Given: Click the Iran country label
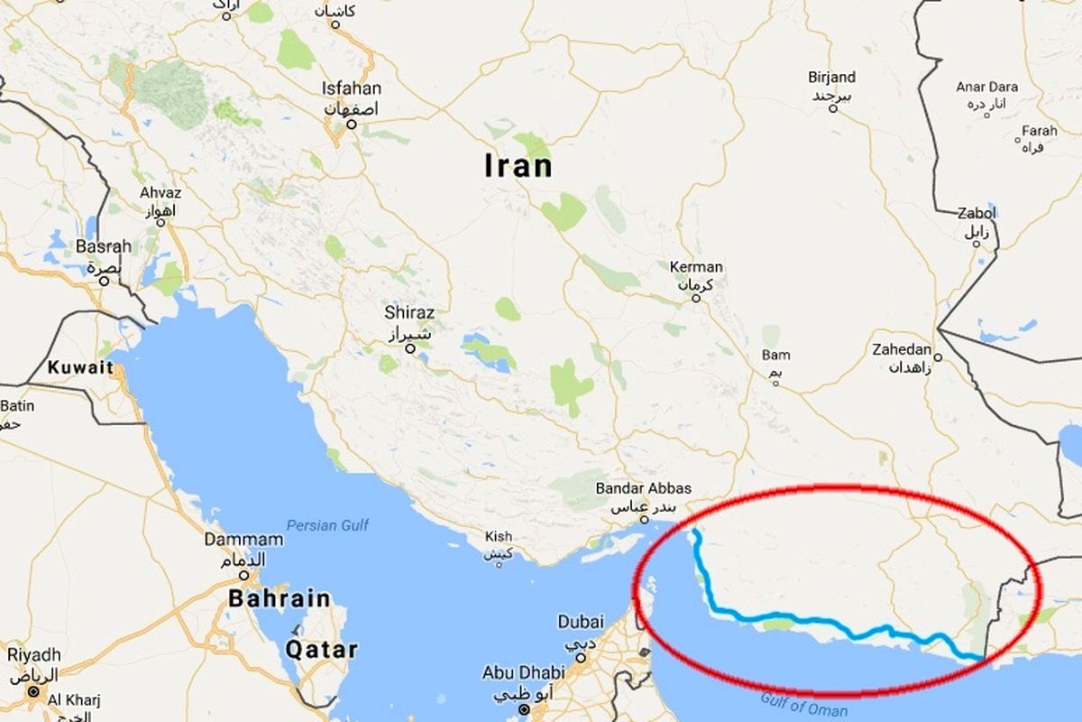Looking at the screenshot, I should point(518,167).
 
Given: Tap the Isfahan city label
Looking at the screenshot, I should point(352,88).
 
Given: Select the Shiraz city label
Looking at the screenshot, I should point(409,312).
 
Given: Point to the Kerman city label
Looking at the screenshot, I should point(696,267).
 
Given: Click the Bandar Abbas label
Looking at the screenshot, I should point(644,488).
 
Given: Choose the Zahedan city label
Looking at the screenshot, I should point(902,350).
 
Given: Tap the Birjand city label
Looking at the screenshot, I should point(832,78).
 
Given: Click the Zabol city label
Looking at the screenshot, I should point(977,214).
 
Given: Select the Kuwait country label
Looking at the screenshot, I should point(81,367).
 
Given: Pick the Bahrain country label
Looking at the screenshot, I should point(279,598).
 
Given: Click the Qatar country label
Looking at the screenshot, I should point(322,649).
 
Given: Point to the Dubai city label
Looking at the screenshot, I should point(581,622).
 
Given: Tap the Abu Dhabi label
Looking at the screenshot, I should point(524,672).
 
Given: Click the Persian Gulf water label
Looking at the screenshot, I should point(327,525).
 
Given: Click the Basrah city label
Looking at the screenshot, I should point(104,246).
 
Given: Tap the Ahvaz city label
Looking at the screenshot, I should point(160,193).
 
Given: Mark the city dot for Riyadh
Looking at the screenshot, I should point(33,692).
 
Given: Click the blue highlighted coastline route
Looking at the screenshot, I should point(811,621).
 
